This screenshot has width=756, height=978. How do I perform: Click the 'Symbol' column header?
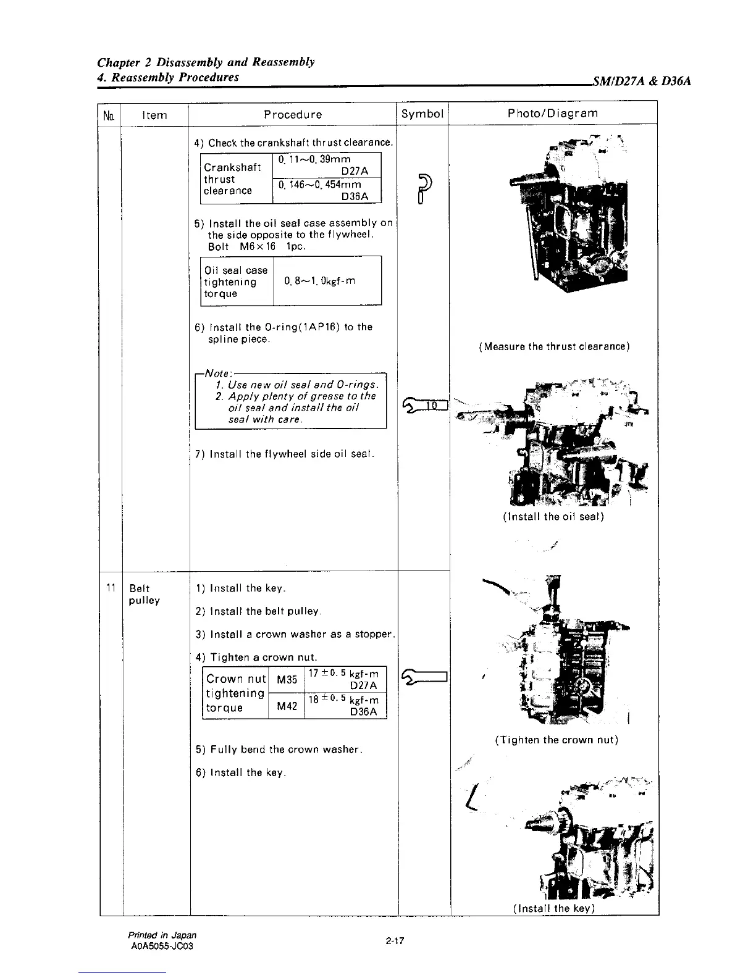[422, 114]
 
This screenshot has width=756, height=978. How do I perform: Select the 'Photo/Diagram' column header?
[553, 113]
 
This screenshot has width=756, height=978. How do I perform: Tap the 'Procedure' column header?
[293, 114]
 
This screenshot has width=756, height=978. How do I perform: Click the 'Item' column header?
[154, 115]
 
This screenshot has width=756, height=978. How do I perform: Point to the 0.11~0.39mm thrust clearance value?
[314, 160]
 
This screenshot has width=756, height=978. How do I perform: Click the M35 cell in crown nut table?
[287, 680]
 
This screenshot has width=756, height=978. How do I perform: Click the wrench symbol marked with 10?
[424, 404]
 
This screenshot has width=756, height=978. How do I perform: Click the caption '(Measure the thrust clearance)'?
[554, 346]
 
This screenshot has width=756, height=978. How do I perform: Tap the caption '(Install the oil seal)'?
[553, 516]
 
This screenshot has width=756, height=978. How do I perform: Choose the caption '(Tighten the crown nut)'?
[556, 740]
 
